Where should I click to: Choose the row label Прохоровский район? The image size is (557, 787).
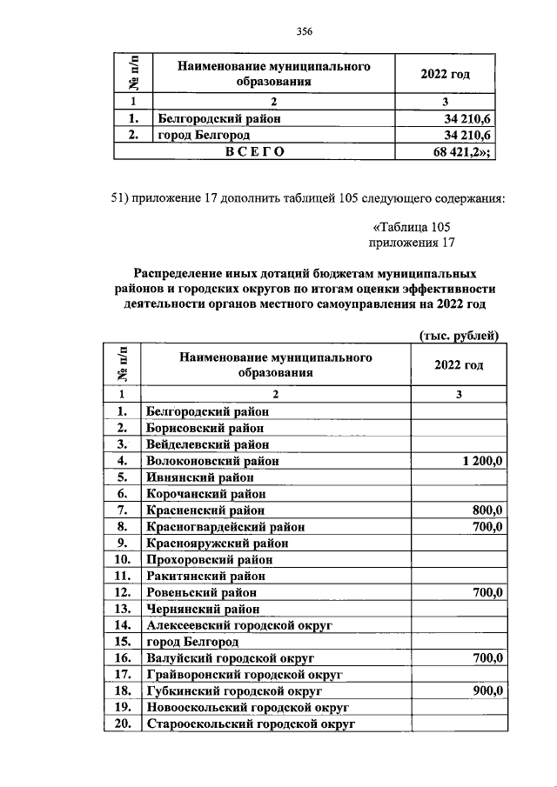[210, 559]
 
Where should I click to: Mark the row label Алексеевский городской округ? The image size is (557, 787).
[240, 624]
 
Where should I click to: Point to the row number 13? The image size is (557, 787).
[122, 608]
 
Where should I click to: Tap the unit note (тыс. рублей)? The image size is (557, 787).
[458, 334]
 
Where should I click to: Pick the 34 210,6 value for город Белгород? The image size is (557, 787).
[468, 135]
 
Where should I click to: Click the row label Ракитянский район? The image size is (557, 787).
[205, 576]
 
